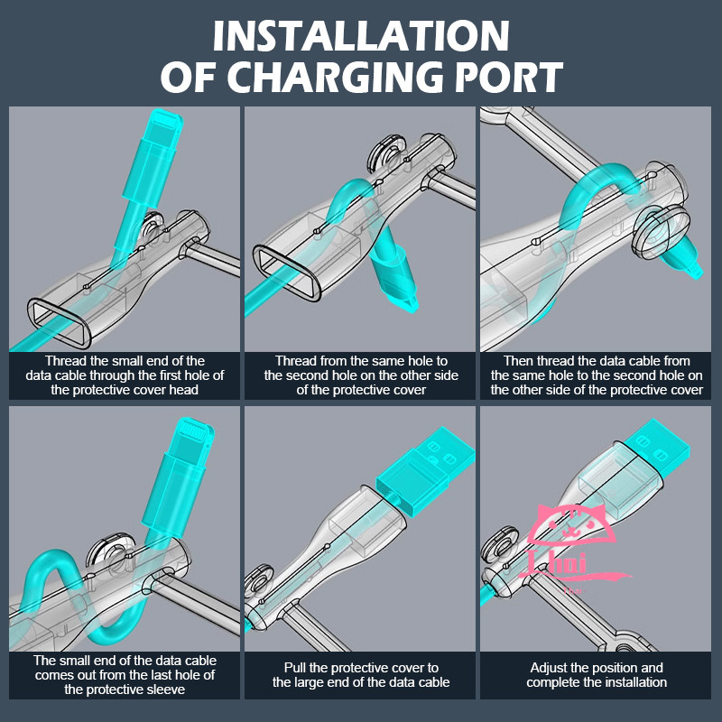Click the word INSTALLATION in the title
pyautogui.click(x=361, y=36)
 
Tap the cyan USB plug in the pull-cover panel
pyautogui.click(x=425, y=469)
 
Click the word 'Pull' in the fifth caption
pyautogui.click(x=294, y=668)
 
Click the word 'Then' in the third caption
pyautogui.click(x=517, y=360)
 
